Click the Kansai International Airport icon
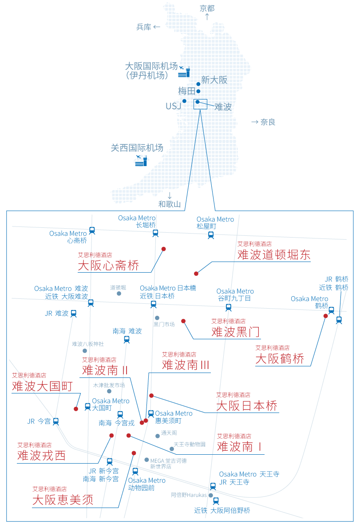pos(141,161)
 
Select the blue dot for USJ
pos(184,101)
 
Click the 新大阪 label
pos(214,80)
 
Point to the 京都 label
pos(207,8)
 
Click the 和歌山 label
pos(170,204)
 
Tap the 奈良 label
pos(268,122)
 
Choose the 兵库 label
pos(144,27)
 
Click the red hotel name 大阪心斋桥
pos(108,266)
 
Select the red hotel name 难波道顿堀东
pos(274,254)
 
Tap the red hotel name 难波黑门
pos(236,331)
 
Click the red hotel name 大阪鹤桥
pos(280,359)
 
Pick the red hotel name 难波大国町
pos(42,386)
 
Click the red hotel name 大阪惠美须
pos(63,500)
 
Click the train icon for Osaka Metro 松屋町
pos(211,234)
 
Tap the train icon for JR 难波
pos(74,313)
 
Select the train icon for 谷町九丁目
pos(229,307)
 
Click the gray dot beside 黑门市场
pos(157,318)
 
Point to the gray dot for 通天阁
pos(158,436)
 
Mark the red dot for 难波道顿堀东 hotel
pos(196,274)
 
